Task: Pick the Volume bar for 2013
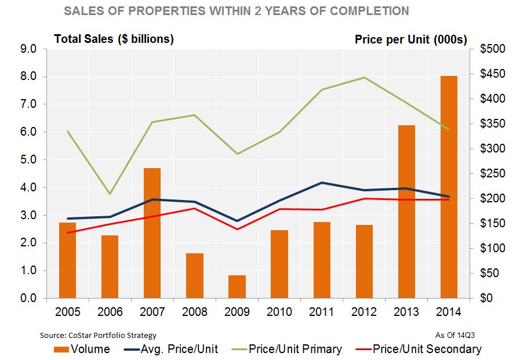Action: [x=406, y=212]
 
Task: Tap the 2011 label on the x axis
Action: [x=322, y=312]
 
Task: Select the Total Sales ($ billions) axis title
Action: [x=114, y=39]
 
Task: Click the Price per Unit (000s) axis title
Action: [x=410, y=39]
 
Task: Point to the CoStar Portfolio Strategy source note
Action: [x=98, y=335]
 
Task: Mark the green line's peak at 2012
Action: [x=364, y=77]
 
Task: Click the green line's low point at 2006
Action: [x=110, y=194]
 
